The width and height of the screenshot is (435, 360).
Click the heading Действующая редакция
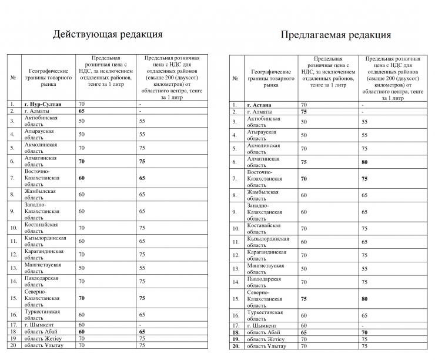[107, 34]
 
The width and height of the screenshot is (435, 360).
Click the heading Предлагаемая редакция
[335, 35]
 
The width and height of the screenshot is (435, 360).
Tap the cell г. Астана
[262, 105]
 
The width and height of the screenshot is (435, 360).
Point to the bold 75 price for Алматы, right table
[304, 112]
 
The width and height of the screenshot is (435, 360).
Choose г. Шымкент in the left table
[39, 324]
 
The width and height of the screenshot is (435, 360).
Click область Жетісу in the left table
[42, 338]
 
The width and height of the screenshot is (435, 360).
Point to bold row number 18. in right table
[235, 332]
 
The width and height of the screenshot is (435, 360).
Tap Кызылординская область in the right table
[268, 242]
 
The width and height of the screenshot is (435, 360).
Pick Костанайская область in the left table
[41, 228]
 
